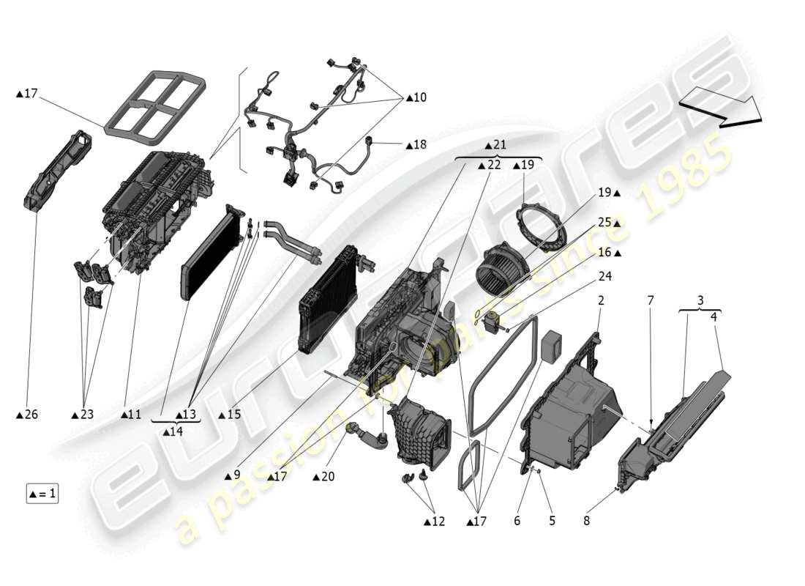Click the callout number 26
coord(30,415)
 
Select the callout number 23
coord(86,415)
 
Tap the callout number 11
coord(134,415)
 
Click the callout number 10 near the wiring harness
coord(419,97)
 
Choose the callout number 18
coord(419,145)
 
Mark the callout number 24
coord(605,277)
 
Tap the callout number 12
coord(438,521)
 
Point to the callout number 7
coord(651,301)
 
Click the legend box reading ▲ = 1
coord(42,494)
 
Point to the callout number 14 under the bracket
coord(176,432)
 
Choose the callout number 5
coord(552,521)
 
